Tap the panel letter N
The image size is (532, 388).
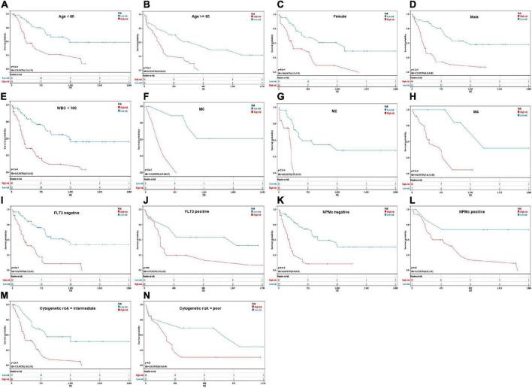[x=139, y=293]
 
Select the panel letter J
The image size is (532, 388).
[x=139, y=197]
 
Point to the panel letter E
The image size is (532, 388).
[x=4, y=100]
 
